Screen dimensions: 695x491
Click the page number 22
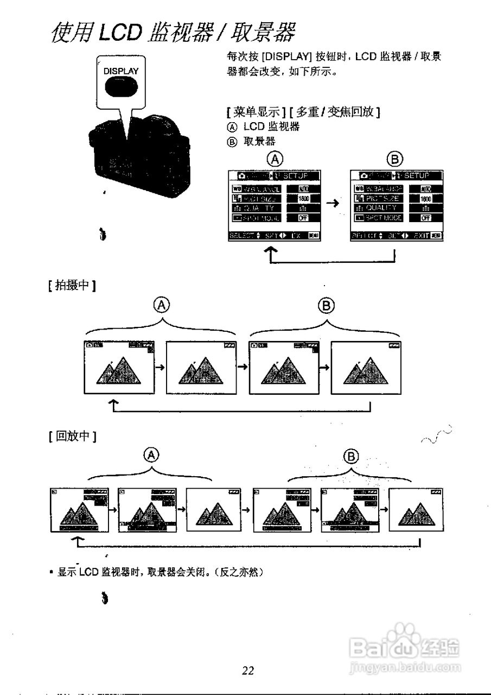(x=248, y=671)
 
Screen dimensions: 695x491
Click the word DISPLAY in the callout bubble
(x=121, y=71)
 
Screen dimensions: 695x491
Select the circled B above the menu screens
(x=394, y=159)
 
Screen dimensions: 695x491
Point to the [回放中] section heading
(x=72, y=436)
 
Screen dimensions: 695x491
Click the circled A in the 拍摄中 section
(x=161, y=305)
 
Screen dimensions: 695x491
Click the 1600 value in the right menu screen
(x=426, y=199)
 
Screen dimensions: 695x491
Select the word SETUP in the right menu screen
(x=417, y=175)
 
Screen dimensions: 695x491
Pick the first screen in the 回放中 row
(x=79, y=510)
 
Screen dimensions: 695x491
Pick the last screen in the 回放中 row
(x=418, y=510)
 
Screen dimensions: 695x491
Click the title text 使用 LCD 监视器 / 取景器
(x=173, y=34)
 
